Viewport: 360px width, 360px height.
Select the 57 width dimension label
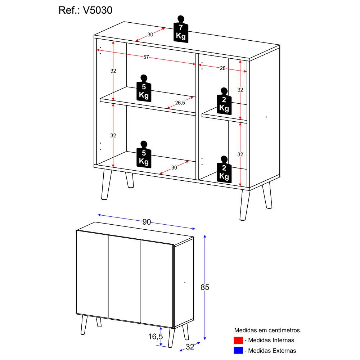coord(146,57)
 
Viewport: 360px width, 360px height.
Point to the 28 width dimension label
coord(222,68)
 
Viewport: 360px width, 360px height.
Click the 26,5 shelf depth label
coord(180,103)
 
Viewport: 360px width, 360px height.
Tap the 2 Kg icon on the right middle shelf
coord(224,101)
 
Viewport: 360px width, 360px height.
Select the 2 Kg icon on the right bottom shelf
coord(224,169)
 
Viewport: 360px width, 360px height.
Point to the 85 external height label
coord(205,287)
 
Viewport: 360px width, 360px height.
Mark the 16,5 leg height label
coord(155,336)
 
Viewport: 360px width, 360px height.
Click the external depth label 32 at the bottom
coord(190,347)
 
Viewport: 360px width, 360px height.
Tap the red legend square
coord(238,340)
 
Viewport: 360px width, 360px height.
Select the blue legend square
coord(238,350)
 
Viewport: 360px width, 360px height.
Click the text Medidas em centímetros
coord(267,330)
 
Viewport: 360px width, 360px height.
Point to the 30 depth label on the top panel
coord(150,35)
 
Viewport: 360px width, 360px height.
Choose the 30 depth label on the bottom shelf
coord(174,167)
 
